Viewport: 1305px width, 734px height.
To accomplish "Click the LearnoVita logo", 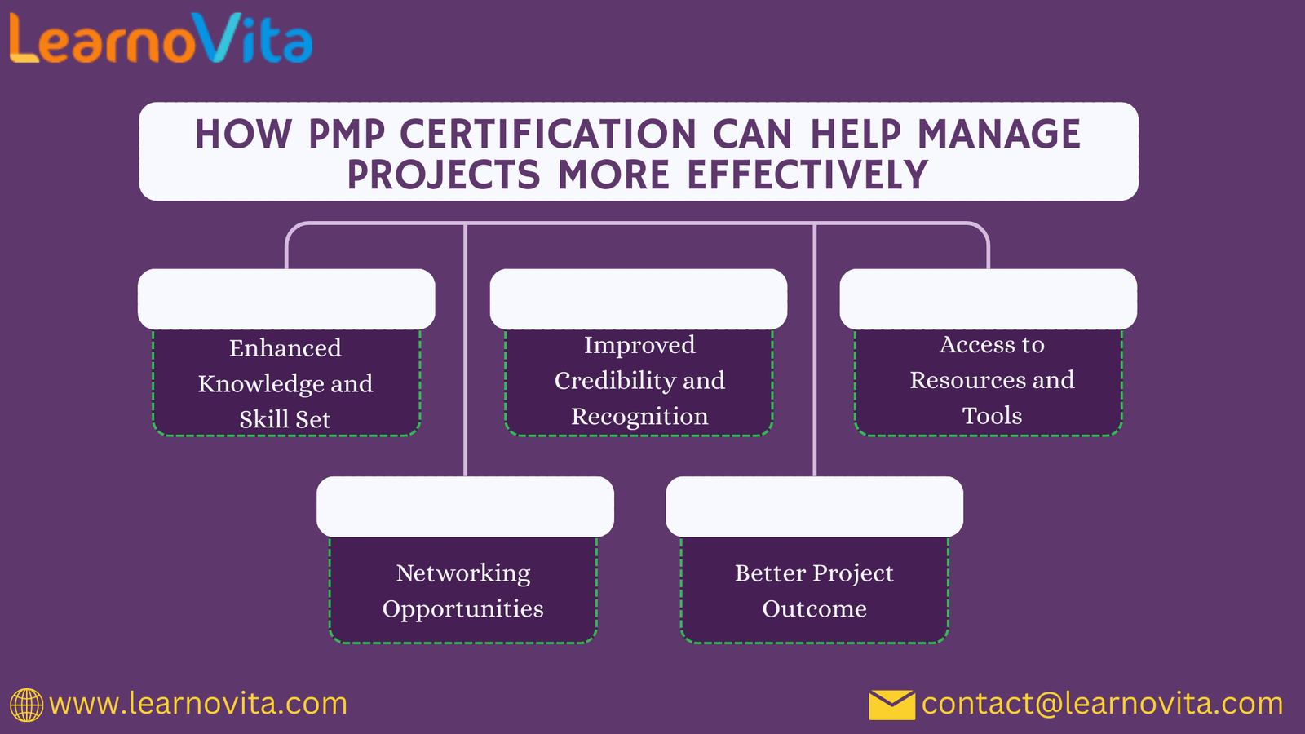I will (x=161, y=39).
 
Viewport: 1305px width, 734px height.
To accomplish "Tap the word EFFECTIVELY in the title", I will (x=807, y=175).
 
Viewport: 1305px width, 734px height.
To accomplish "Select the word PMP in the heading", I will (x=347, y=135).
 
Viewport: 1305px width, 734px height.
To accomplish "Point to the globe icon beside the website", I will (x=26, y=705).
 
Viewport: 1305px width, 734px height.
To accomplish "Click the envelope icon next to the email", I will (x=891, y=705).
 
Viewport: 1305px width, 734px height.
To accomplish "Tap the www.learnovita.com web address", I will (x=198, y=703).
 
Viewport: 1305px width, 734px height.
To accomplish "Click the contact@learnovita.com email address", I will (x=1102, y=703).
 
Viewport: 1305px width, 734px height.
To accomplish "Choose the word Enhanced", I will (x=285, y=348).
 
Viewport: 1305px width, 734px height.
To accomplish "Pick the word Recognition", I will (x=639, y=417).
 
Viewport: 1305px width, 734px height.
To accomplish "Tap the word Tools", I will (x=992, y=416).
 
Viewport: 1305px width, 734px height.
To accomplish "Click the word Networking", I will (x=463, y=573).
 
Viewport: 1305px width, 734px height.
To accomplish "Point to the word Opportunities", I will (x=463, y=609).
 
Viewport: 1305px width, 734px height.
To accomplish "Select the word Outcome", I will (x=814, y=609).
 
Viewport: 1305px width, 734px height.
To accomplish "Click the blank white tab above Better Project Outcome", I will (x=814, y=506).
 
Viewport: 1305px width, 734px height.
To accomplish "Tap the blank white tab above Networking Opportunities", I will (x=465, y=506).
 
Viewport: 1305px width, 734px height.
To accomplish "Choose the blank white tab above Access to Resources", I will (x=988, y=299).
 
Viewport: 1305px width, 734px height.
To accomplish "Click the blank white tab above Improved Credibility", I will (x=638, y=299).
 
